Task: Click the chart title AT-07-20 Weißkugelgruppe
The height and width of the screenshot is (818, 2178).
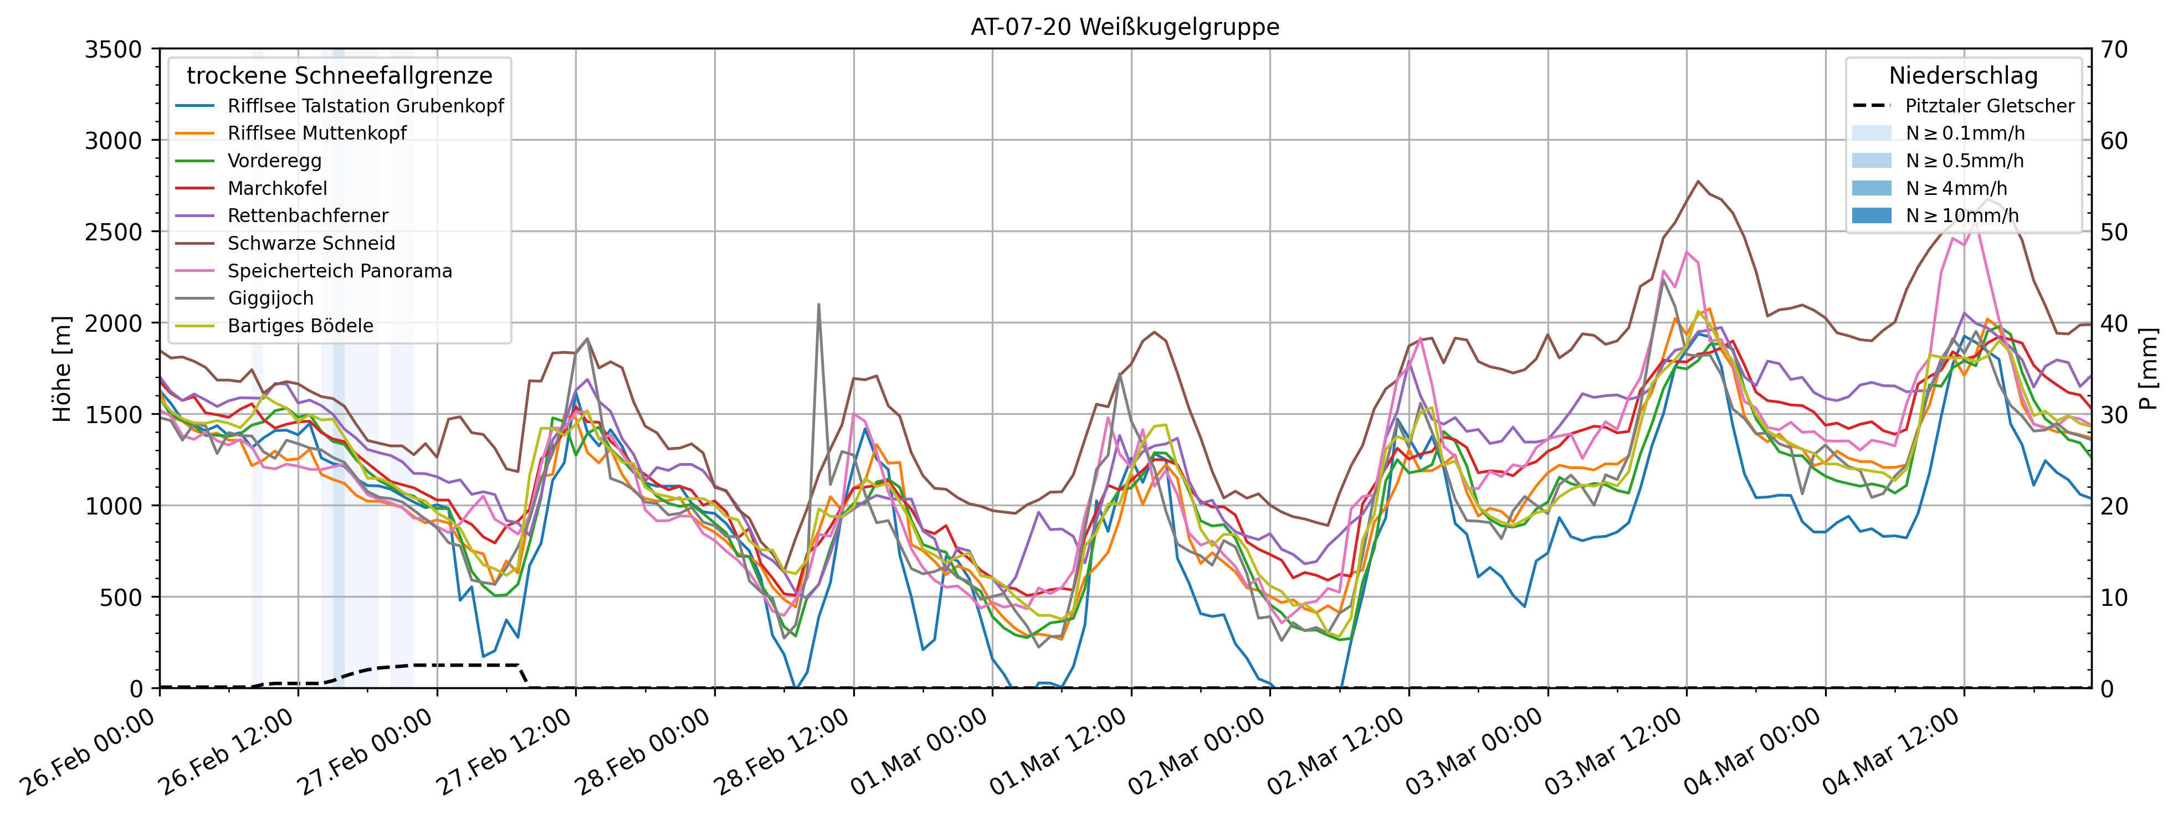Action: click(x=1125, y=27)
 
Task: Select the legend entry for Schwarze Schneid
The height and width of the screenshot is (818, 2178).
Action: click(x=311, y=243)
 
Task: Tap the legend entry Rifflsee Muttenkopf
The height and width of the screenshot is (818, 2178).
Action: click(x=316, y=133)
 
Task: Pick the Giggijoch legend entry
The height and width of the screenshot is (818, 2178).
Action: click(x=270, y=299)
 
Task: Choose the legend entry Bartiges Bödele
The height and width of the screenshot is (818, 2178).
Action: click(x=300, y=326)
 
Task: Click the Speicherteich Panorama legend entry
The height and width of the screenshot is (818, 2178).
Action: click(x=339, y=271)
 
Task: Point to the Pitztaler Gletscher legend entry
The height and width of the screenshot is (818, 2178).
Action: click(x=1989, y=106)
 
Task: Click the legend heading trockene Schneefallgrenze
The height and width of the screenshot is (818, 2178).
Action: click(x=339, y=76)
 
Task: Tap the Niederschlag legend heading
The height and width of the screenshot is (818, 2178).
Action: click(x=1962, y=76)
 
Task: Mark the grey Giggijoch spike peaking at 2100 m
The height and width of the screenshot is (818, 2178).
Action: click(x=818, y=306)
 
